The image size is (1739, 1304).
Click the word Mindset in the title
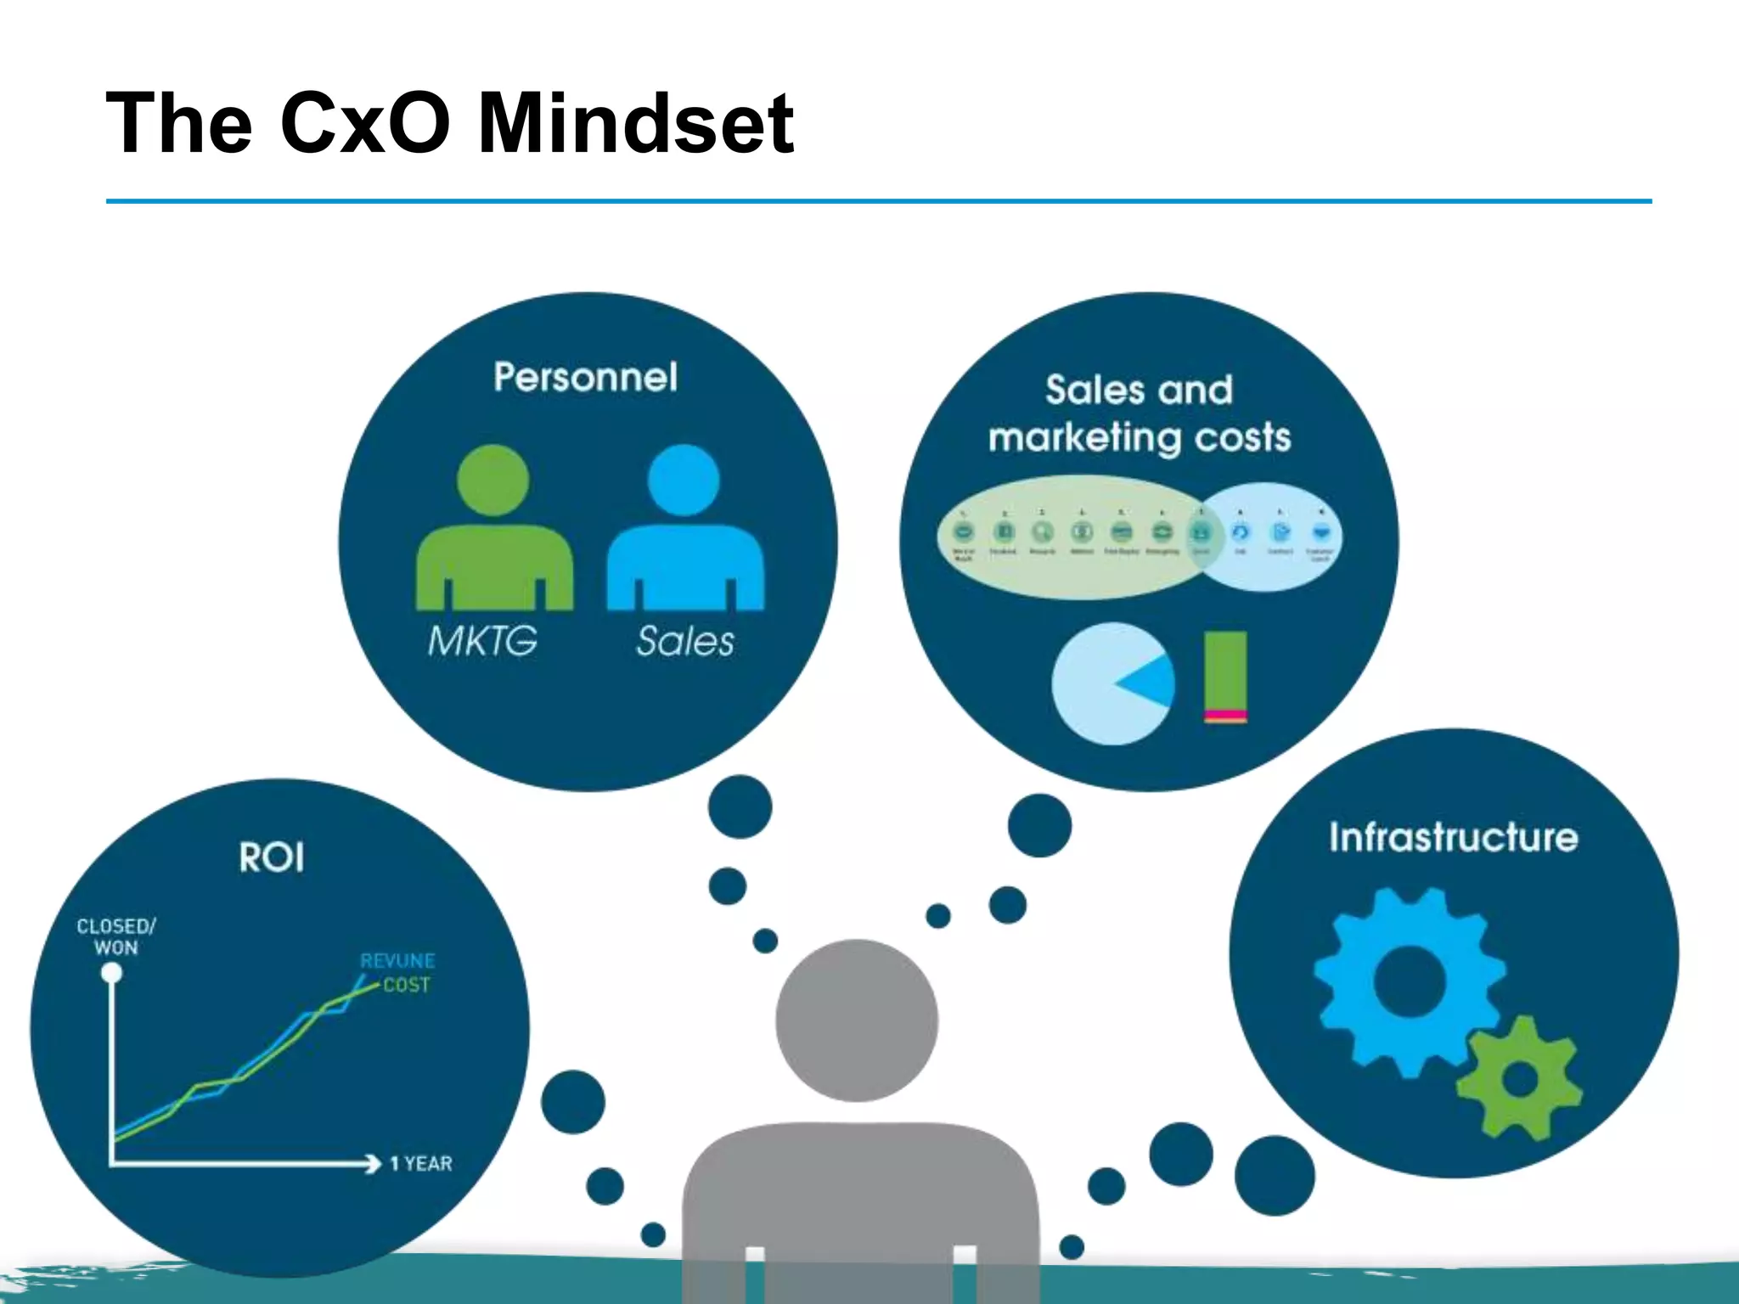(x=635, y=124)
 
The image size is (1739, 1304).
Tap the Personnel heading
(x=586, y=377)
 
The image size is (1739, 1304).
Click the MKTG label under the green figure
(x=482, y=641)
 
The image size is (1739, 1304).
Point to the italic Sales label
(x=684, y=641)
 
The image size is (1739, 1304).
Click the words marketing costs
(x=1140, y=438)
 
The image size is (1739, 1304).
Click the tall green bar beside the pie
(x=1225, y=671)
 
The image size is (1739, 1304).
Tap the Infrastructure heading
(x=1454, y=837)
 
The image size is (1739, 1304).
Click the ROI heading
(x=272, y=857)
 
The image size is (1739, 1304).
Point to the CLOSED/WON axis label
(x=116, y=936)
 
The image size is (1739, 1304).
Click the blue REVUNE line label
(x=397, y=961)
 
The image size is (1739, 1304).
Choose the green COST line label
(x=407, y=985)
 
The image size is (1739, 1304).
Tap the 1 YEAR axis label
(x=421, y=1164)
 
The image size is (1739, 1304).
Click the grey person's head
(x=857, y=1020)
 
